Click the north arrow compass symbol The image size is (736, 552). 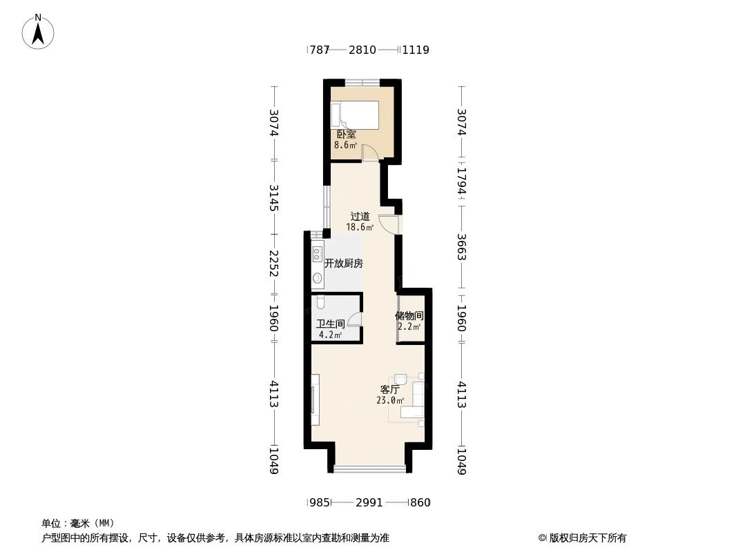coord(38,31)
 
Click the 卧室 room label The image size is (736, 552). coord(346,135)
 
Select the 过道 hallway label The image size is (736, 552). coord(360,216)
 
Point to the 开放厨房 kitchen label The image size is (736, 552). coord(344,263)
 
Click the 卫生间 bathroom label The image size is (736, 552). coord(330,324)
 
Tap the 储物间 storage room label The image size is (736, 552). coord(409,315)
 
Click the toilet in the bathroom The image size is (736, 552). coord(321,302)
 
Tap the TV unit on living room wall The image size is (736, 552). coord(315,400)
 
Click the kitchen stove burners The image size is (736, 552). coord(318,253)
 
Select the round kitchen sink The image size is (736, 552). coord(318,279)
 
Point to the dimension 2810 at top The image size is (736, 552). coord(362,50)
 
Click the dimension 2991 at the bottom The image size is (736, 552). coord(369,502)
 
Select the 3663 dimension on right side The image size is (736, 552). coord(462,246)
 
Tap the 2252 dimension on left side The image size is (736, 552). coord(274,262)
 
